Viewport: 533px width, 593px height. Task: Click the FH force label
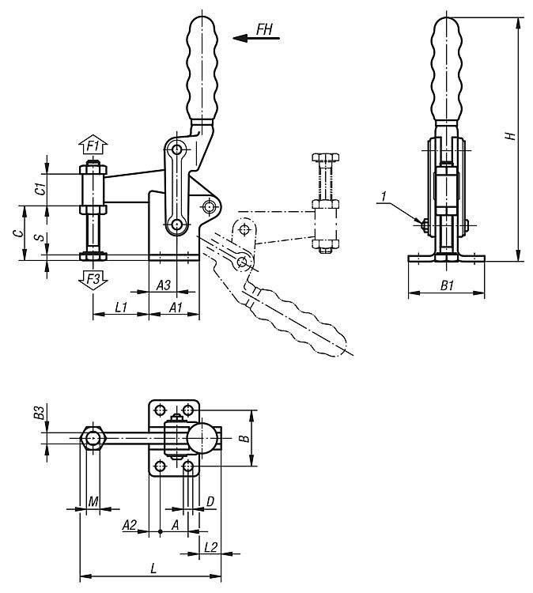point(265,29)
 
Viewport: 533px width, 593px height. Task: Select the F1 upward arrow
point(94,146)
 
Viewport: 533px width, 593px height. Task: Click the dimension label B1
point(445,285)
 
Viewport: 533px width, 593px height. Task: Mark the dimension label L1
point(122,304)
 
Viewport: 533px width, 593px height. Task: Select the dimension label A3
point(162,283)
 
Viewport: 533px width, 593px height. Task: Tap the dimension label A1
point(176,304)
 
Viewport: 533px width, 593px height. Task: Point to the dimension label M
point(93,500)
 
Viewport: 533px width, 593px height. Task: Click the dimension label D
point(210,500)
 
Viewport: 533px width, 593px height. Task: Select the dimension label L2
point(211,546)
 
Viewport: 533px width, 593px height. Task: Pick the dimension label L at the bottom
point(153,568)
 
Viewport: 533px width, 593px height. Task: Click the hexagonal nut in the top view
point(94,437)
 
